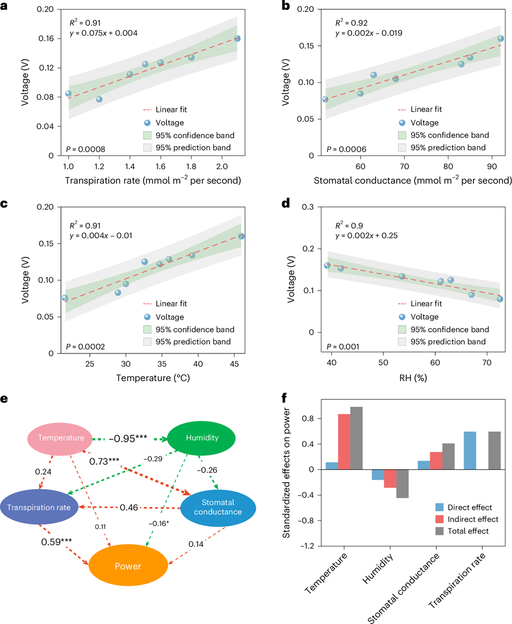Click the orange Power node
pos(128,566)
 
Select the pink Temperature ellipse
pos(61,438)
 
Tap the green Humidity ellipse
pos(202,438)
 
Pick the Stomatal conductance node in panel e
pos(218,507)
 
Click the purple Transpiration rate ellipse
pos(39,507)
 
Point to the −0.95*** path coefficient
pos(128,438)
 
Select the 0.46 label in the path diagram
pos(129,507)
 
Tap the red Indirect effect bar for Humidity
pos(390,479)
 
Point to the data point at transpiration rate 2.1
pos(237,38)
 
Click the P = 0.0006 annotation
pos(347,149)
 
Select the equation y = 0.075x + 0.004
pos(103,33)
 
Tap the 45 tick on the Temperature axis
pos(234,364)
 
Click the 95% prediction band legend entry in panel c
pos(193,341)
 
